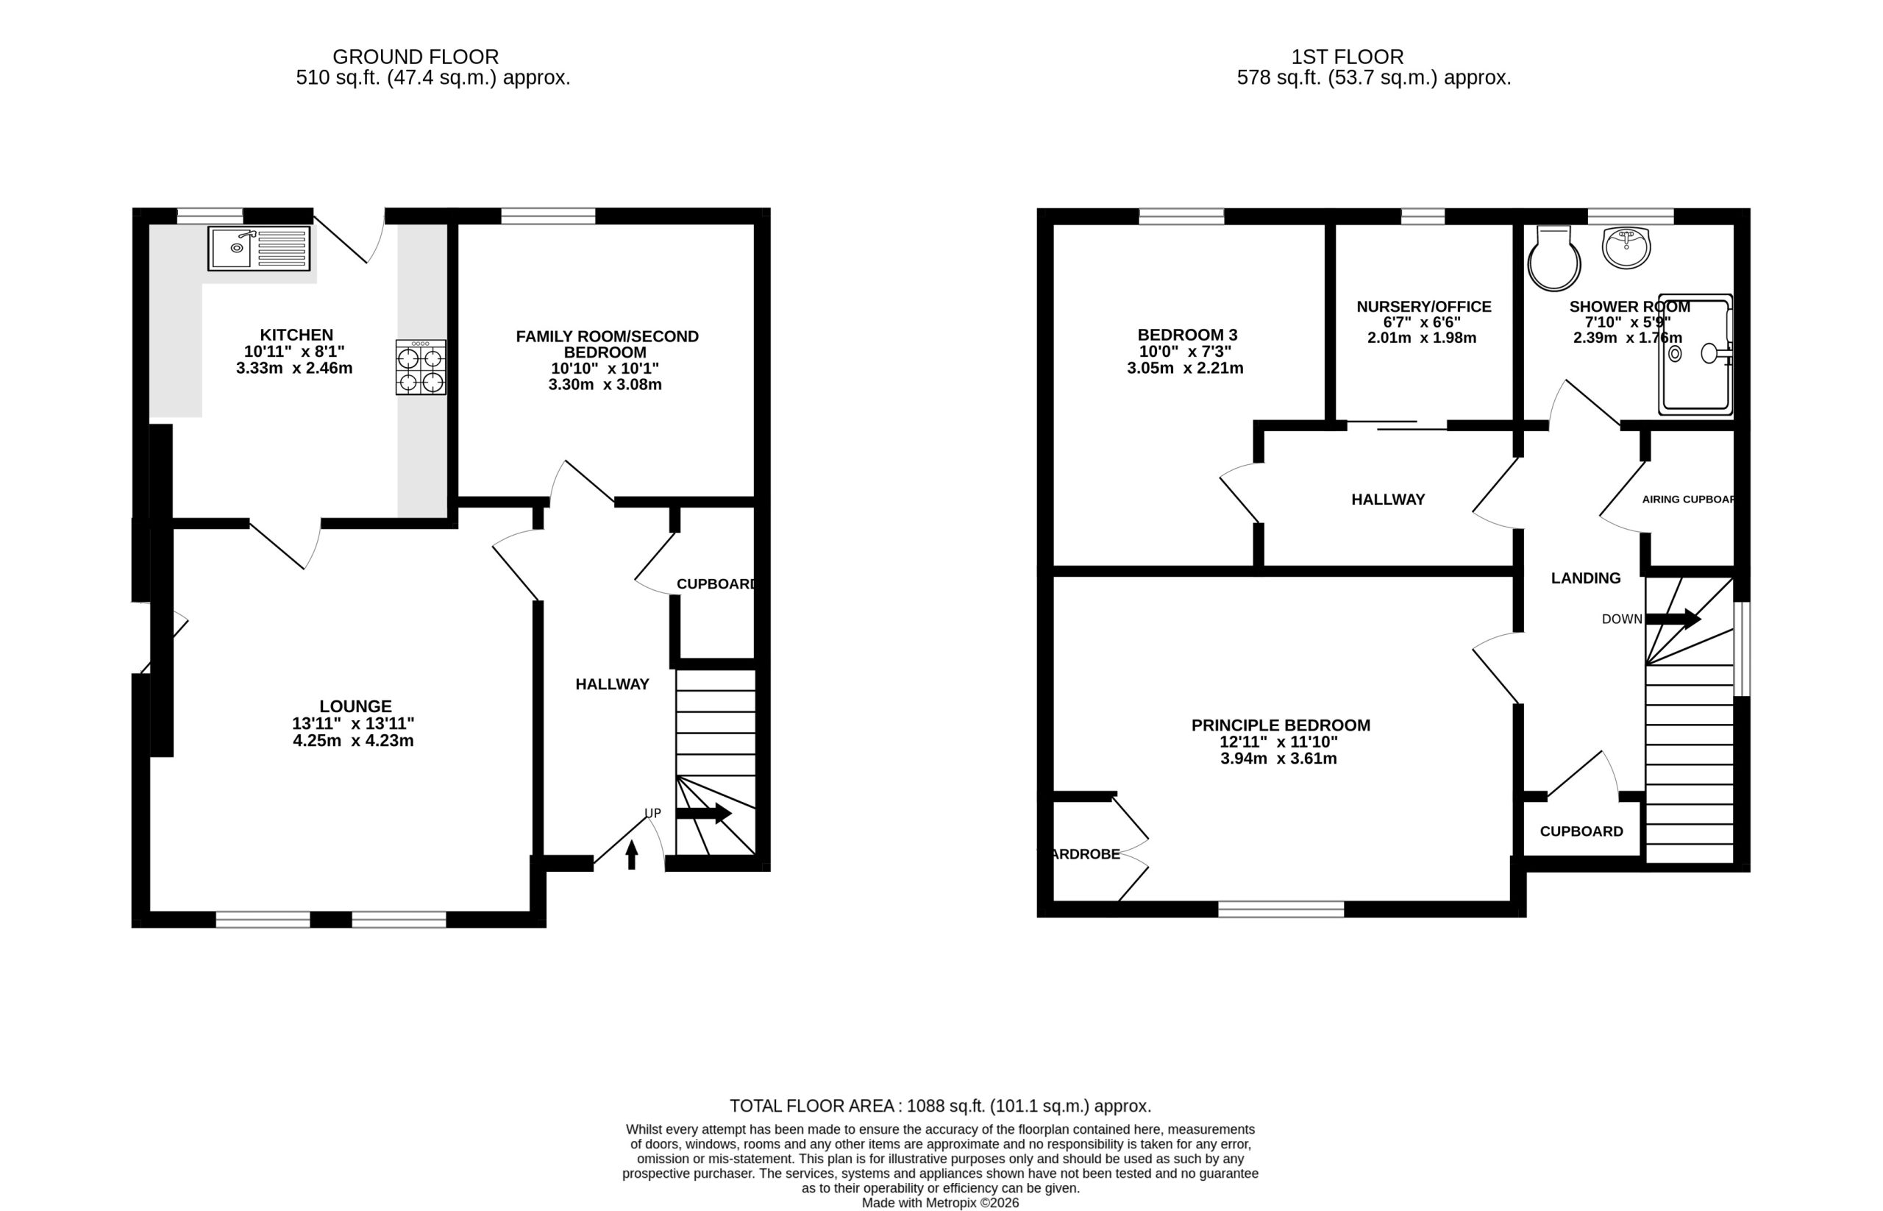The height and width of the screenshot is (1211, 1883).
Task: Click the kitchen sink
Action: click(259, 248)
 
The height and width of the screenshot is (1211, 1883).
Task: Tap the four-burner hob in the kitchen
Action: click(421, 367)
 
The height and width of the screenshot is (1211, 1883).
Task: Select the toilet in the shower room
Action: click(1553, 259)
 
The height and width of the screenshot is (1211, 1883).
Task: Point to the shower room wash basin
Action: click(1626, 247)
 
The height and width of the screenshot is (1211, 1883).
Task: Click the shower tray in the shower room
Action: click(1695, 355)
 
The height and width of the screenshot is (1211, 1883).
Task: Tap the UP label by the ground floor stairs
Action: click(652, 813)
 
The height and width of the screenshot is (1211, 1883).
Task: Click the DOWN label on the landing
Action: click(1622, 619)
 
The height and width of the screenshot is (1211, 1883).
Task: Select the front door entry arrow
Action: click(631, 855)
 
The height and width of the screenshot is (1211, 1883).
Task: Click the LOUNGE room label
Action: click(355, 706)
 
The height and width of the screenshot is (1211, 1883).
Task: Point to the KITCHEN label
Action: click(296, 335)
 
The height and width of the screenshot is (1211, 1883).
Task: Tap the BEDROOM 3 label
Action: click(1187, 335)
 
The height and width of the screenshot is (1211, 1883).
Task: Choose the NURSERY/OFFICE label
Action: click(1424, 307)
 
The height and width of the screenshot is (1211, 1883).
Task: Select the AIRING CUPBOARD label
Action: click(1689, 500)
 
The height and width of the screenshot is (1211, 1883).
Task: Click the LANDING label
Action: click(1586, 579)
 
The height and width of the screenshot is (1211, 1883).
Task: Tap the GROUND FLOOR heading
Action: click(416, 57)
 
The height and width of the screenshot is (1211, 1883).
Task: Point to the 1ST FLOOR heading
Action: click(1347, 57)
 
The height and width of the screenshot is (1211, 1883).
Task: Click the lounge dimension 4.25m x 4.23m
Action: click(353, 741)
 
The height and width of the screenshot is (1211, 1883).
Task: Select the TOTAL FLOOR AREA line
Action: click(940, 1106)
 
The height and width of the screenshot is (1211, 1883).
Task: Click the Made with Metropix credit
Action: click(940, 1203)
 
